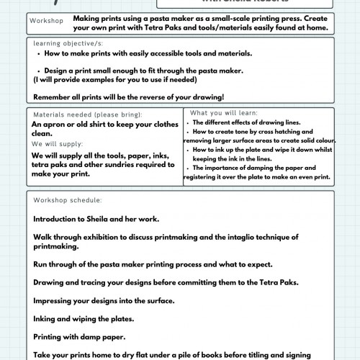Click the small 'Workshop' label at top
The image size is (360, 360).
click(x=46, y=22)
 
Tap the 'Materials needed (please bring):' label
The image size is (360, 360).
click(x=87, y=114)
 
